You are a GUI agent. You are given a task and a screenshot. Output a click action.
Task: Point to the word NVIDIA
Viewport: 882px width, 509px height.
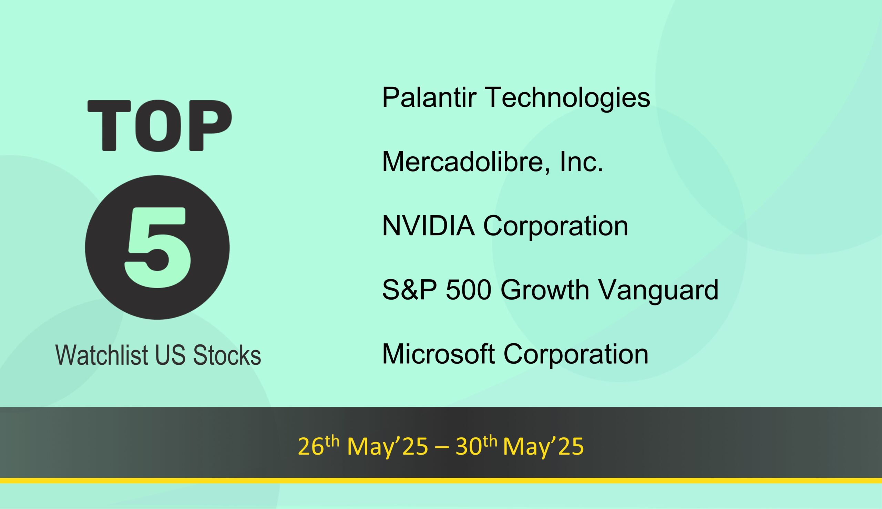point(428,226)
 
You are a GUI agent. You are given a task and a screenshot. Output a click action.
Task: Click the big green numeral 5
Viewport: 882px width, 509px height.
point(158,248)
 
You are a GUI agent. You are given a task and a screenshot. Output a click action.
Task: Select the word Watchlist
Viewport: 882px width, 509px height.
point(101,355)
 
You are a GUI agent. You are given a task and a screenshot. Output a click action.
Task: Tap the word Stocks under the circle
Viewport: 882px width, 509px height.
point(227,355)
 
